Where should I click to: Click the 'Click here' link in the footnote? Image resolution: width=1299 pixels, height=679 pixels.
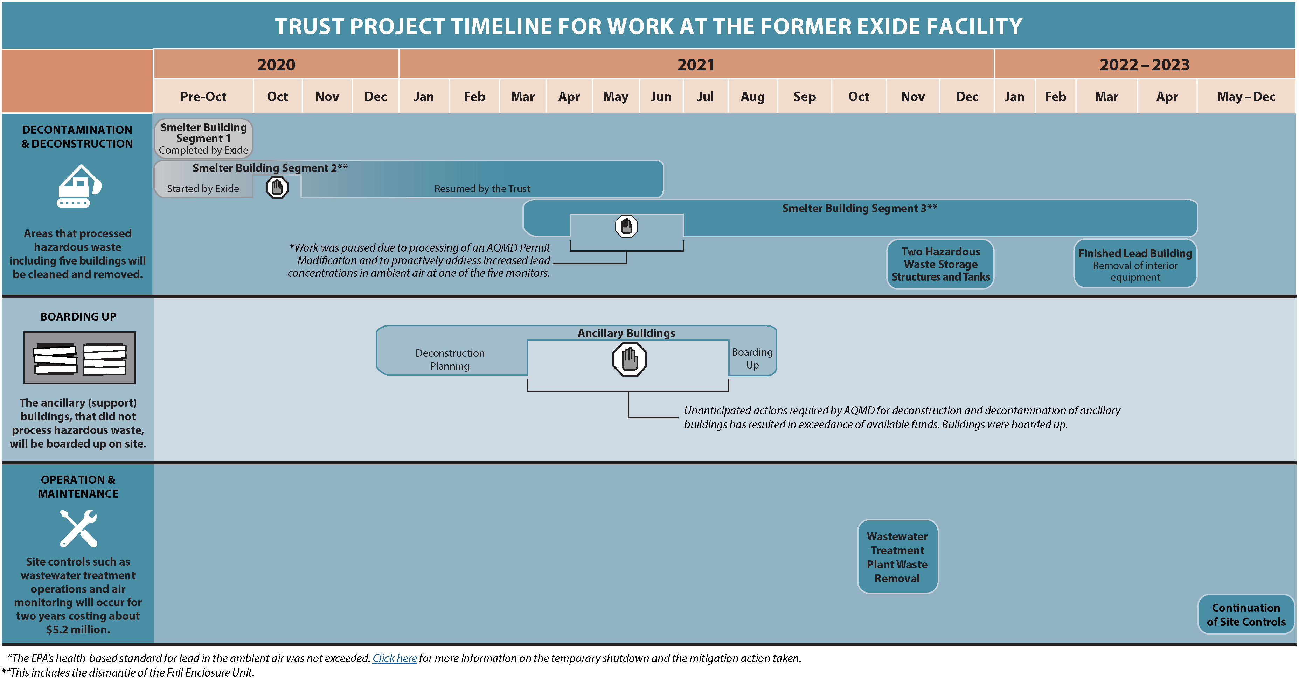tap(394, 658)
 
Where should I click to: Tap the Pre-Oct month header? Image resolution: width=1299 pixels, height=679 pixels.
tap(203, 96)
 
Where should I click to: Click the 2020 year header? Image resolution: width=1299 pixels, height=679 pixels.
tap(276, 64)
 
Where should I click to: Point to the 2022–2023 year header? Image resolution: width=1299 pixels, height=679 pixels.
tap(1144, 64)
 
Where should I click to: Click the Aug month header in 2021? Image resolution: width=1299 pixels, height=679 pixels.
tap(752, 96)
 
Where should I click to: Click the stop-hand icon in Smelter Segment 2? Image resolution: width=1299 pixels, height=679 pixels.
tap(277, 188)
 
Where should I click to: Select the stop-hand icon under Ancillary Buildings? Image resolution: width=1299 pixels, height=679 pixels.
tap(629, 359)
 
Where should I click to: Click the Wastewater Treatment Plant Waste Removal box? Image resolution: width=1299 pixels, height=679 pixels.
tap(898, 557)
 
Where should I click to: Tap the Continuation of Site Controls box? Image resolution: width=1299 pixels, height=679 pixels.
tap(1246, 615)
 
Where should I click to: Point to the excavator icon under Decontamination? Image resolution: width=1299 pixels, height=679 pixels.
tap(79, 185)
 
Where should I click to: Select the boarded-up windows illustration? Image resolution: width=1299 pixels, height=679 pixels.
tap(80, 358)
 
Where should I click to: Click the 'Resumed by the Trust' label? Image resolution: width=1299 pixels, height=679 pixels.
tap(482, 189)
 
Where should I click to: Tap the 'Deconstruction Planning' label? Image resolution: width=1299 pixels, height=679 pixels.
tap(450, 359)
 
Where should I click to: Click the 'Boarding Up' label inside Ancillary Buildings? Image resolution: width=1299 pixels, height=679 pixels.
tap(752, 358)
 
